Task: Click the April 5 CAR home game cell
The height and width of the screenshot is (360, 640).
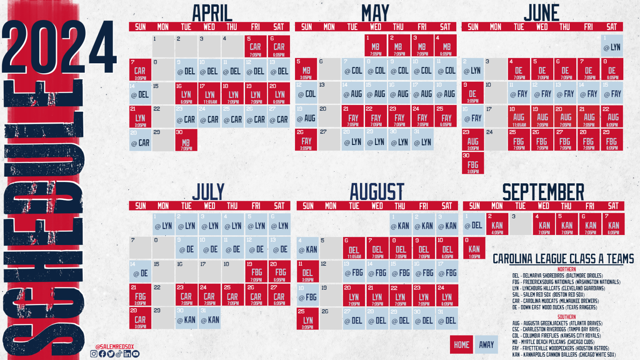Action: [255, 46]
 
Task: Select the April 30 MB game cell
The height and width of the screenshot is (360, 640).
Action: [186, 140]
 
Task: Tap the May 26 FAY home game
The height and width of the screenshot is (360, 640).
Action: [306, 140]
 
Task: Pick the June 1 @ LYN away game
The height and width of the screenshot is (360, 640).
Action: [612, 46]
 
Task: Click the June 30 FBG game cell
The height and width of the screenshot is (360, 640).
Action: [472, 163]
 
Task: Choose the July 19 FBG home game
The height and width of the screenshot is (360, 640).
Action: [256, 272]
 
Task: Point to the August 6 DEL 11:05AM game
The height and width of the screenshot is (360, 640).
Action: [354, 248]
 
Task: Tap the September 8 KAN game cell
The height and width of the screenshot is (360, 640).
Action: [474, 248]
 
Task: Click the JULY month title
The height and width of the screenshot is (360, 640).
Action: [208, 192]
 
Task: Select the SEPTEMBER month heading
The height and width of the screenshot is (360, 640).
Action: [543, 192]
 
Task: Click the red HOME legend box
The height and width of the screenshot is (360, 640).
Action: [461, 345]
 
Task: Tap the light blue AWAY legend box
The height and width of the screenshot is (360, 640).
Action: [486, 345]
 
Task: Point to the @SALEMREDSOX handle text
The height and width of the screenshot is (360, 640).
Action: [115, 347]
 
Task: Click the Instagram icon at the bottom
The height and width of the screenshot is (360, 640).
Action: [94, 354]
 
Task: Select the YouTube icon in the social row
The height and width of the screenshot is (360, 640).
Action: [136, 354]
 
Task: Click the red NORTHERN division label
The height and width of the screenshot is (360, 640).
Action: [566, 269]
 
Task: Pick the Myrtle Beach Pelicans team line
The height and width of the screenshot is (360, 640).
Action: [553, 342]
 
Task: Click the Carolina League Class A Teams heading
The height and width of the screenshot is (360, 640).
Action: [563, 259]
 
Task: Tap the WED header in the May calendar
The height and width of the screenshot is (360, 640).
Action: [375, 27]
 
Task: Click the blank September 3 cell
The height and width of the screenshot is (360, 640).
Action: [520, 224]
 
